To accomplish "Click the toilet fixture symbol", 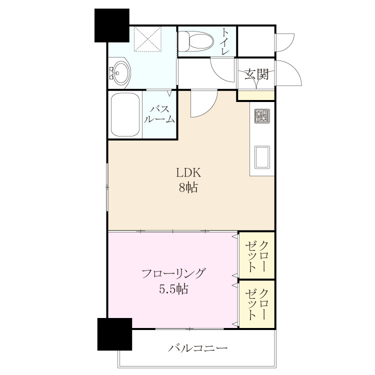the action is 196,41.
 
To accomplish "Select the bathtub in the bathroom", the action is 125,115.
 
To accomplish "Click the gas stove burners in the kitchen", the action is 262,116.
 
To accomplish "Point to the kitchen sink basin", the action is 262,157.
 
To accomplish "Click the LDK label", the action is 188,172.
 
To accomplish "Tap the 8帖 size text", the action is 188,187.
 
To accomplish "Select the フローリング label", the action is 173,273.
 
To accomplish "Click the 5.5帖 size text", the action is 173,289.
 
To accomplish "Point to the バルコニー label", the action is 197,348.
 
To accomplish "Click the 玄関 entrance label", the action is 256,74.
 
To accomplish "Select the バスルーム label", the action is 159,114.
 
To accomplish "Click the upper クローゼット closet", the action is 256,255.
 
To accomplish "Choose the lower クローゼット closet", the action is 256,304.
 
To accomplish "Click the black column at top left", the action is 112,25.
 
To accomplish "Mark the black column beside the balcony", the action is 115,334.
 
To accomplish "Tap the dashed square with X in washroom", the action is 147,39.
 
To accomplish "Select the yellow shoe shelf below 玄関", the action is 256,95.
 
